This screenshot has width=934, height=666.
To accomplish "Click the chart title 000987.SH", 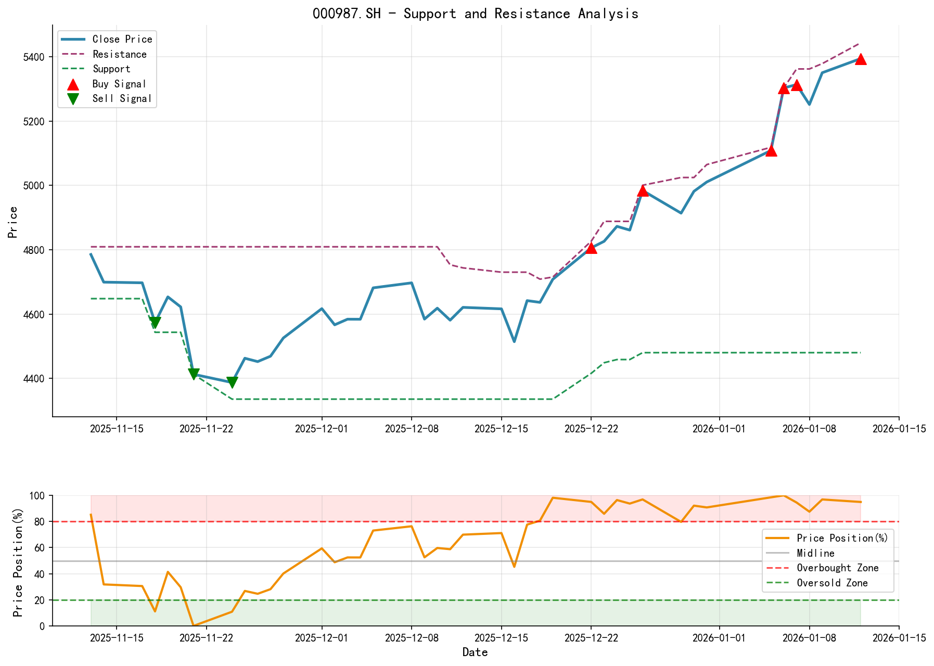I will click(475, 14).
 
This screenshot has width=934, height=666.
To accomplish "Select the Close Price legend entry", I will click(122, 39).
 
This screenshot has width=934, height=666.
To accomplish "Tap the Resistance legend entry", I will click(119, 54).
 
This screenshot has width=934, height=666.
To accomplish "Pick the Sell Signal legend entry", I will click(122, 98).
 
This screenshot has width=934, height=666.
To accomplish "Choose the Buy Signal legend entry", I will click(119, 84).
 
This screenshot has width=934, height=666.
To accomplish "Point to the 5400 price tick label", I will click(35, 57).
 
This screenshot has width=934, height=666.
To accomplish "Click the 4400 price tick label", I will click(35, 379).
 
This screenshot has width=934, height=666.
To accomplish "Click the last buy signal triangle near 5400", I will click(861, 59).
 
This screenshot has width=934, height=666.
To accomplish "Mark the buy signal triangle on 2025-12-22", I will click(591, 248).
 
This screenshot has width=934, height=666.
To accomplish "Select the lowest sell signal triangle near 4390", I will click(232, 382).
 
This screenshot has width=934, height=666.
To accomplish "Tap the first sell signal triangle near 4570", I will click(155, 323).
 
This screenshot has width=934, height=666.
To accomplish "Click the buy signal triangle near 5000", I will click(643, 190).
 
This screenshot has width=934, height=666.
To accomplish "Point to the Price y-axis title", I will click(13, 222).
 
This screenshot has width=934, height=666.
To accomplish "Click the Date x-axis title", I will click(475, 652).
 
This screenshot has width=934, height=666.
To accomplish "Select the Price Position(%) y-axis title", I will click(18, 560).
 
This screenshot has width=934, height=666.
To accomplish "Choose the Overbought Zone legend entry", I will click(837, 568).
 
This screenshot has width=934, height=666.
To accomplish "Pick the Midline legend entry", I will click(815, 553).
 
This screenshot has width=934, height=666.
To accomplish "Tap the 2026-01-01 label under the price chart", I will click(720, 429).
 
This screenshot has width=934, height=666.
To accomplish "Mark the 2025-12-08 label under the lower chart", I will click(412, 638).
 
